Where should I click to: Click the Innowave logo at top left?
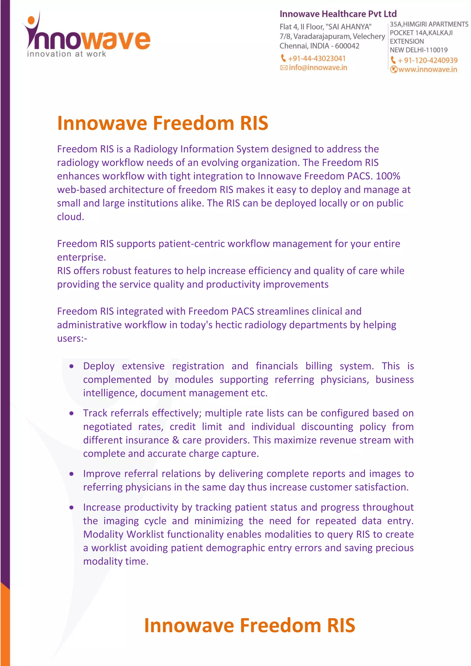pos(87,35)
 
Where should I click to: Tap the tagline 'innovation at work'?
pos(66,54)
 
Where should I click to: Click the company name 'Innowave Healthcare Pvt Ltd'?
pos(338,14)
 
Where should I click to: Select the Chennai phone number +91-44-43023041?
pos(316,59)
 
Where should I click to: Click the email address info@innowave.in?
pos(318,68)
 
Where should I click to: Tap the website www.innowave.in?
pos(428,70)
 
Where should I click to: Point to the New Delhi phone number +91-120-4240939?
pos(428,60)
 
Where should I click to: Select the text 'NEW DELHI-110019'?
pos(419,50)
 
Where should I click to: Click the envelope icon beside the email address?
pos(284,68)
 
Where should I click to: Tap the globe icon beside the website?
pos(393,70)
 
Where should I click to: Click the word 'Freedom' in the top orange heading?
pos(193,123)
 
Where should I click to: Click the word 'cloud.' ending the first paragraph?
pos(70,217)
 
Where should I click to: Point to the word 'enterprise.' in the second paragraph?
pos(81,257)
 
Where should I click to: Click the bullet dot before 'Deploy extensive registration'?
pos(71,366)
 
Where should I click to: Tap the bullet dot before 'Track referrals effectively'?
pos(71,413)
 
